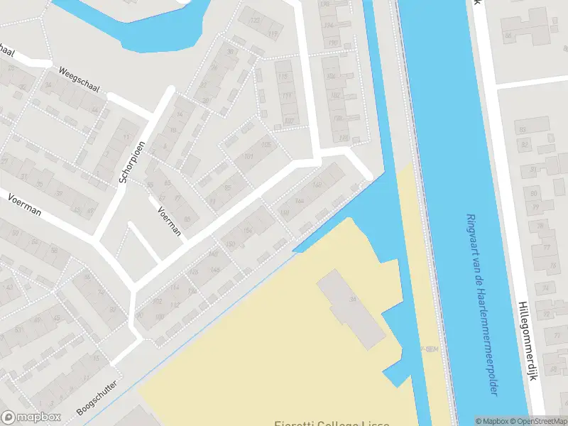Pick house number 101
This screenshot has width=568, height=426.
[248, 157]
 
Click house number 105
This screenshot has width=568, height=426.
[266, 144]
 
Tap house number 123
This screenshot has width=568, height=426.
[254, 20]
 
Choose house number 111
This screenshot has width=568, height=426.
[287, 96]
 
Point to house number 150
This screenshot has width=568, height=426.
[230, 245]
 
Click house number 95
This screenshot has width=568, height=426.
[227, 188]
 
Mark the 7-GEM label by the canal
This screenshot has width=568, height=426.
[429, 349]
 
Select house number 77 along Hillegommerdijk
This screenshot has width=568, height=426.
[546, 248]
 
